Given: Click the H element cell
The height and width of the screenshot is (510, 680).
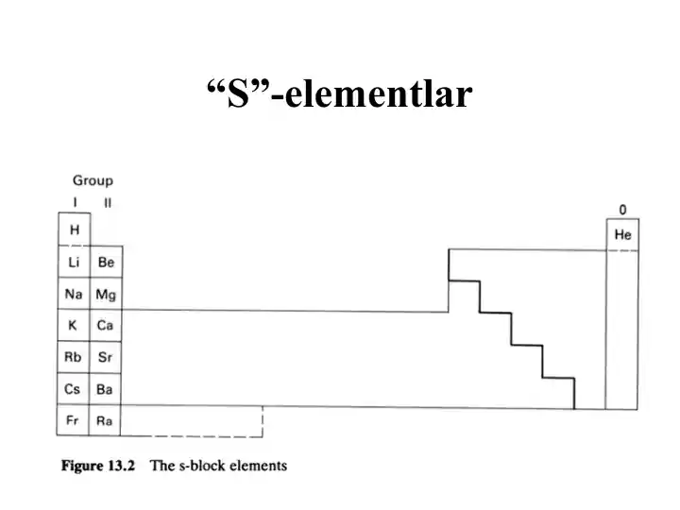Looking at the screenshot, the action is (75, 229).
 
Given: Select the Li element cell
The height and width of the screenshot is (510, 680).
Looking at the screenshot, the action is (75, 262).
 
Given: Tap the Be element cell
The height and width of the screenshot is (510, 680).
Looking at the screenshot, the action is (106, 262).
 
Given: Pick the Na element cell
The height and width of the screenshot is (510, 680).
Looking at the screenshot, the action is (74, 294).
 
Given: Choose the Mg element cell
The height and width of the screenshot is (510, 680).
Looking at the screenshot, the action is (106, 294).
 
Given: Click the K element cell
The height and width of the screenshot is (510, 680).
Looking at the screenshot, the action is (74, 325).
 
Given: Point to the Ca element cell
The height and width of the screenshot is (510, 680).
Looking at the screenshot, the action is (106, 325).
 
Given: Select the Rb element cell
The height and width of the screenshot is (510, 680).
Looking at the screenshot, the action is (74, 357).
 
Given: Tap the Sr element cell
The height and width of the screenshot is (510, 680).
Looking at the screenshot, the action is (106, 357).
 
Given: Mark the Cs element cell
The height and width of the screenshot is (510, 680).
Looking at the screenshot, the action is (73, 388).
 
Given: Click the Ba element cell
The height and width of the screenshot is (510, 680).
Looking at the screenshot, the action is (105, 389).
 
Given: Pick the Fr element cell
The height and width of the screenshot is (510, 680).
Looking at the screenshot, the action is (73, 419).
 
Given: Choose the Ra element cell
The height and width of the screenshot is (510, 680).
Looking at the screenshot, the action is (105, 420).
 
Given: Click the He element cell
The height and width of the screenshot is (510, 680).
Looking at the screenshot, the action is (622, 234).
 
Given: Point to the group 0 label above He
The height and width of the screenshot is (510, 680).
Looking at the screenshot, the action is (622, 210).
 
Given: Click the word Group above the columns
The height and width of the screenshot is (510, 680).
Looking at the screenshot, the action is (93, 180).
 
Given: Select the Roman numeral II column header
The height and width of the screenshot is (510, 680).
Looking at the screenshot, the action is (108, 202).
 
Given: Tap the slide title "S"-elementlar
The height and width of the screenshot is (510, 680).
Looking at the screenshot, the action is (340, 93).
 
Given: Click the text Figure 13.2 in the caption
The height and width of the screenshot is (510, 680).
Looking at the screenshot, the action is (98, 466).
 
